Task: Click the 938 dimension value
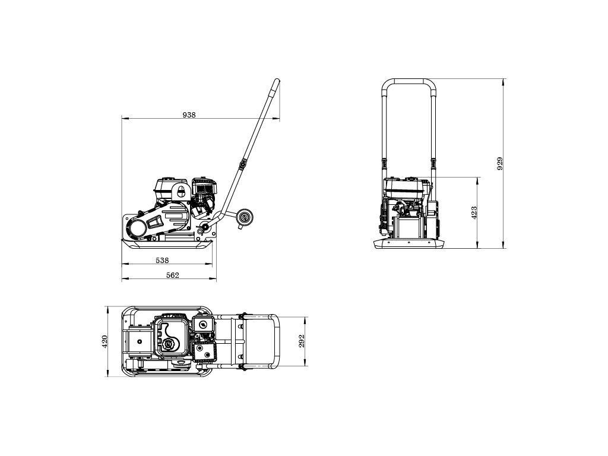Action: pyautogui.click(x=189, y=115)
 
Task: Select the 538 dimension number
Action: pyautogui.click(x=162, y=261)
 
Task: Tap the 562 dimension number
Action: pyautogui.click(x=173, y=275)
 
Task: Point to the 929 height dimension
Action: pyautogui.click(x=500, y=164)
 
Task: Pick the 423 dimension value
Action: pyautogui.click(x=474, y=213)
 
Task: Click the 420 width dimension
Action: pyautogui.click(x=104, y=341)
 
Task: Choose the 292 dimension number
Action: pyautogui.click(x=302, y=341)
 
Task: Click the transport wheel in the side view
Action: pyautogui.click(x=245, y=217)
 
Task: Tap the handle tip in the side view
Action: pyautogui.click(x=277, y=82)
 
